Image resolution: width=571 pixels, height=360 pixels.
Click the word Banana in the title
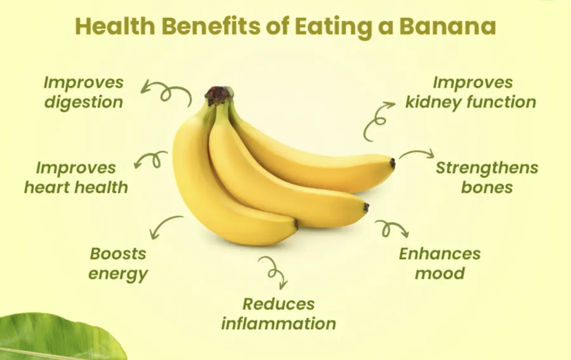click(448, 26)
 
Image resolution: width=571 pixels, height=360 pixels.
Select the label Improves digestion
click(84, 93)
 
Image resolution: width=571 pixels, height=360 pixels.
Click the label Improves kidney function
click(471, 93)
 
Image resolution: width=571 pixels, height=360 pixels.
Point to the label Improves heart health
click(76, 178)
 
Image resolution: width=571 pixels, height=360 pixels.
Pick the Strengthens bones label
click(487, 178)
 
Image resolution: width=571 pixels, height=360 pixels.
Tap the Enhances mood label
click(440, 264)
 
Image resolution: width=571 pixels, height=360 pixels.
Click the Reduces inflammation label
click(279, 314)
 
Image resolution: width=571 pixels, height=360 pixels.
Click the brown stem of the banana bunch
click(219, 95)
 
